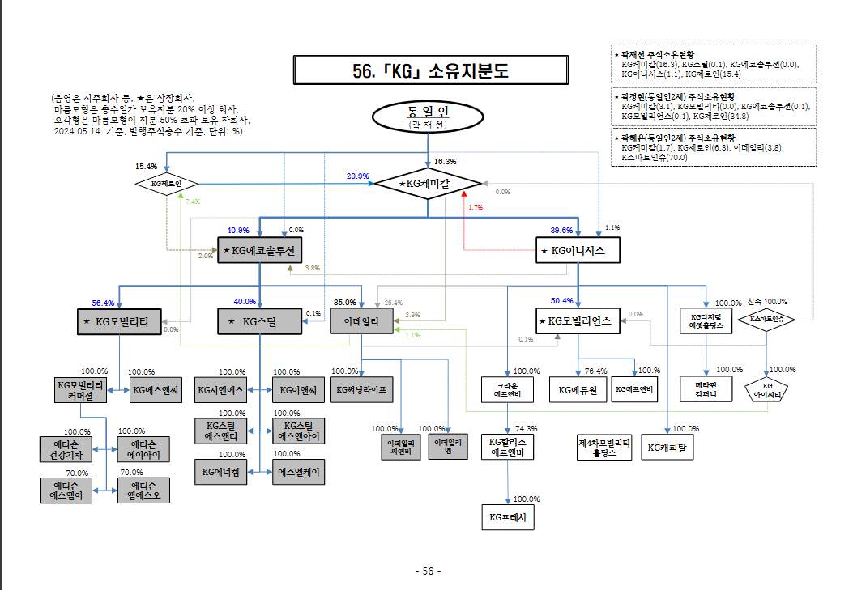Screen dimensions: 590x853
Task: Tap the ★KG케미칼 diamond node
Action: [x=428, y=185]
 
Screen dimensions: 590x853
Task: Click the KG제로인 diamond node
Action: [x=166, y=185]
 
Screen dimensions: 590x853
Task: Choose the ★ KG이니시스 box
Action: [x=578, y=251]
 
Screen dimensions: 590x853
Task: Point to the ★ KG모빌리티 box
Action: [x=119, y=321]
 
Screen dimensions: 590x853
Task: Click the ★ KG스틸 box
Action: [x=259, y=321]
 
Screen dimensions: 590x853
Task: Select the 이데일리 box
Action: [x=361, y=321]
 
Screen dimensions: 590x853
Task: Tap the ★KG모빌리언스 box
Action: [x=578, y=321]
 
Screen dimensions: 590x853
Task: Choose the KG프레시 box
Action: [x=508, y=516]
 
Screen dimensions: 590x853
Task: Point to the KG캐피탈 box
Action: [x=667, y=447]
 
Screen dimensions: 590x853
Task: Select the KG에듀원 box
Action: [x=578, y=389]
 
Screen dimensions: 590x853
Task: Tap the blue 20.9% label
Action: [x=358, y=176]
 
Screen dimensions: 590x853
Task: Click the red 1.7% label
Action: [x=475, y=207]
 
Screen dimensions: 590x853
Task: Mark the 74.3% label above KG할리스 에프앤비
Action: [x=526, y=428]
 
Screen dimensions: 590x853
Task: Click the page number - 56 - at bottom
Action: [x=427, y=571]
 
